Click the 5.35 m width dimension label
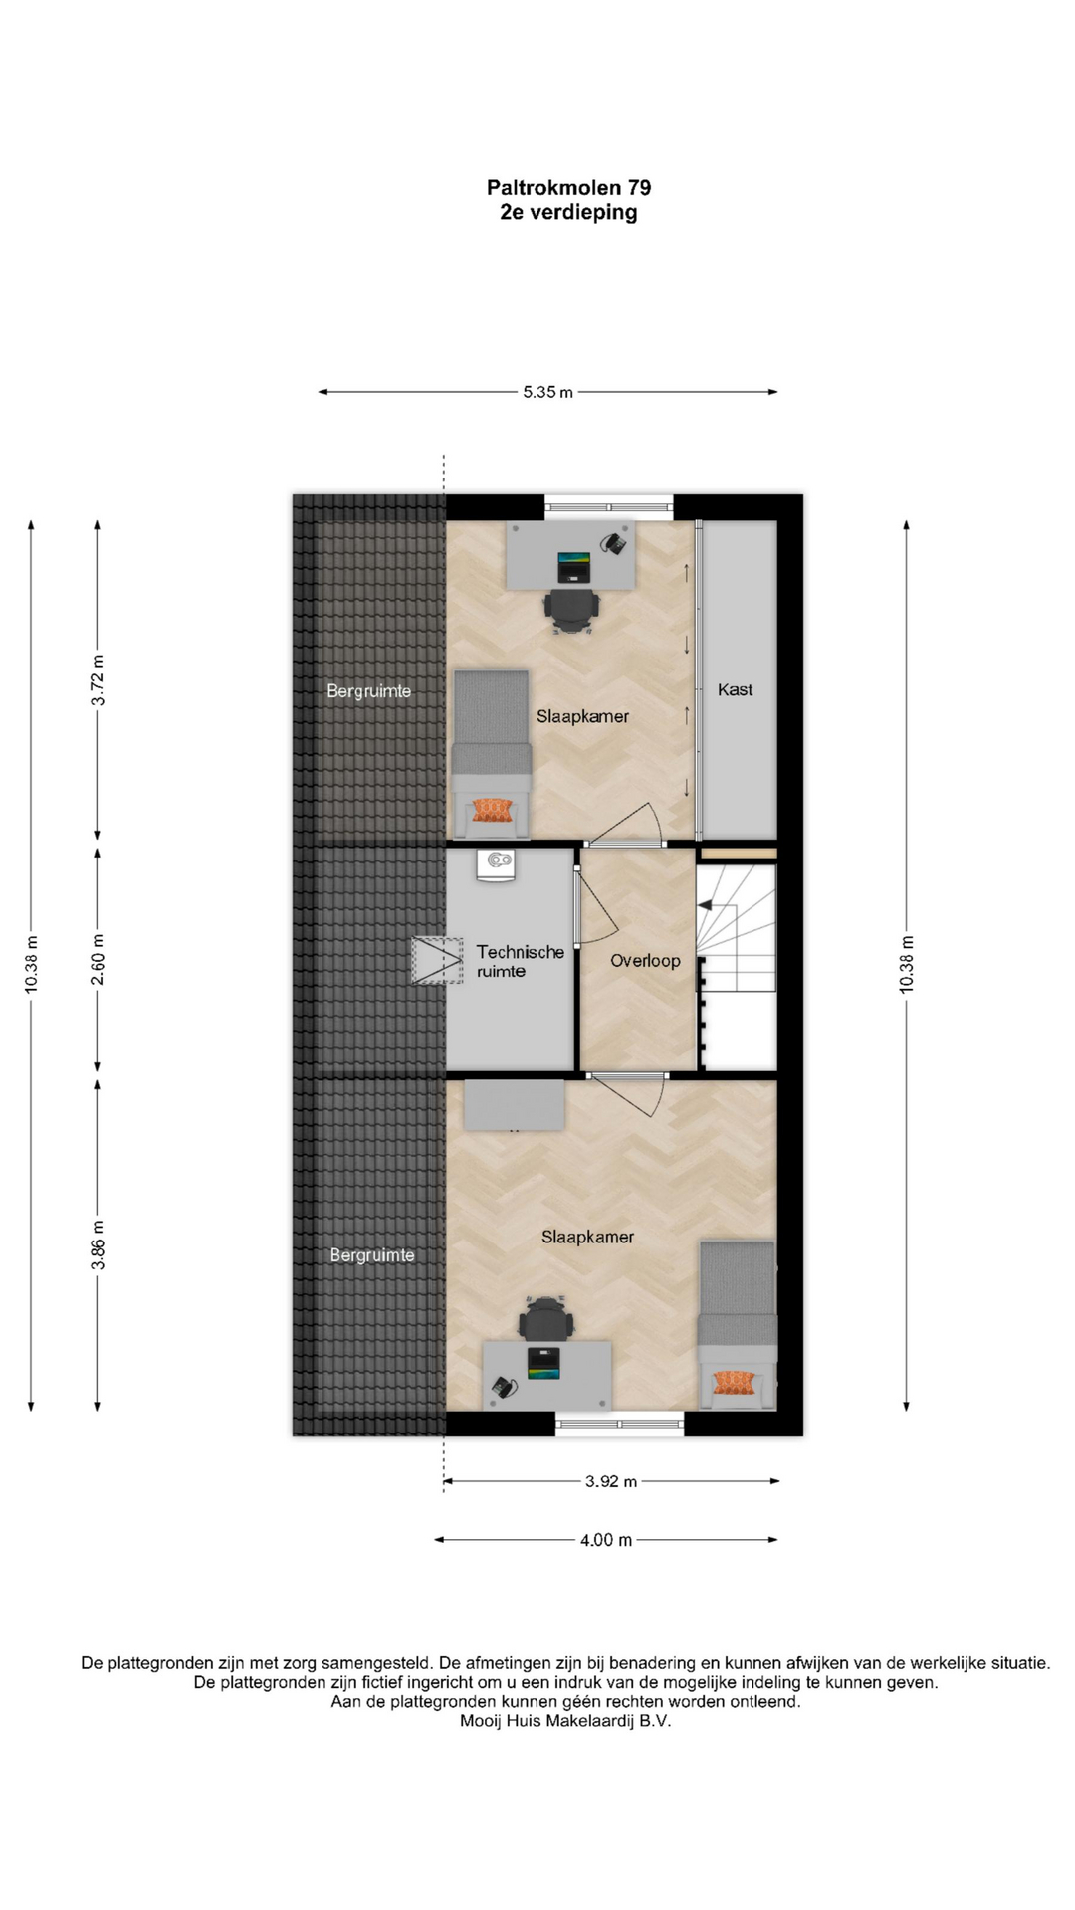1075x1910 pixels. [547, 392]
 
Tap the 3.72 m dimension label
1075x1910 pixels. [98, 680]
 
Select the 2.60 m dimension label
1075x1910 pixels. [98, 960]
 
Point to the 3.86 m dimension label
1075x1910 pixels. [98, 1244]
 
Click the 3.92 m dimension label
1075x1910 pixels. [610, 1481]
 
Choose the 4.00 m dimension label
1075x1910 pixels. [606, 1540]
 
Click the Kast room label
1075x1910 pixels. [736, 689]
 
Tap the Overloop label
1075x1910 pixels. [645, 961]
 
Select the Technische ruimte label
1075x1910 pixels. [520, 961]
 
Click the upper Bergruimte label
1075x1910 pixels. [369, 691]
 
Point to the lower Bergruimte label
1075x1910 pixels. [372, 1255]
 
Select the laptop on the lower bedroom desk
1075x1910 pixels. [543, 1363]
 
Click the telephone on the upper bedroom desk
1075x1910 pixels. [613, 543]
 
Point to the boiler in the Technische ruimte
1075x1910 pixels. [496, 864]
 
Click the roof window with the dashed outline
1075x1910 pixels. [438, 961]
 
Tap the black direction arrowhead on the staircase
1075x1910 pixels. [705, 905]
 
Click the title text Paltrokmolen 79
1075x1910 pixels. [568, 187]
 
